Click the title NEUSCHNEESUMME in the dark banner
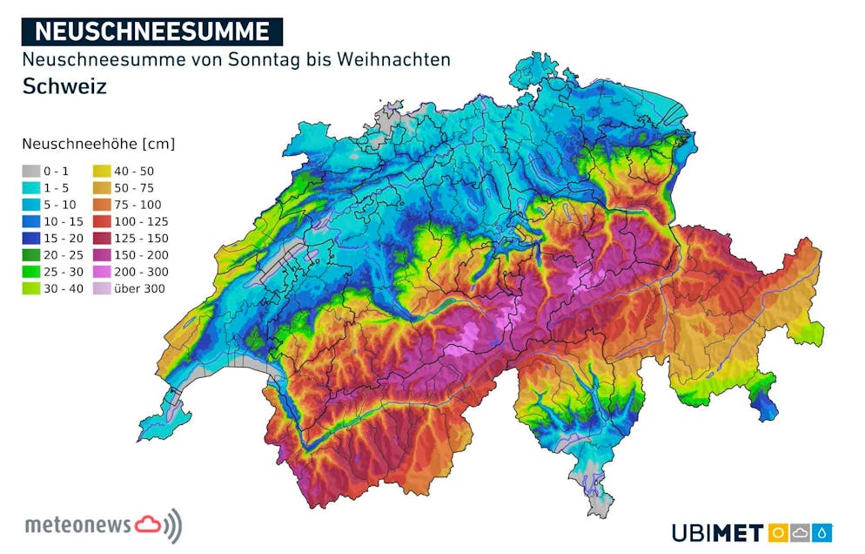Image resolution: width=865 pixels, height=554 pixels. pos(151,31)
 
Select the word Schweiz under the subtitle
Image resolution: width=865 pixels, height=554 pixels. pos(64,86)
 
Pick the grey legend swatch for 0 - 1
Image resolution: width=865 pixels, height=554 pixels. pos(32,172)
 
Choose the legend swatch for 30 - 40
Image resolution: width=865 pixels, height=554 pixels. pos(32,288)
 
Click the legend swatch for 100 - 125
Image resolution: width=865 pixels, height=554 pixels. pos(102,221)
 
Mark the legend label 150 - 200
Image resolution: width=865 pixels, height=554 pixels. pos(142,255)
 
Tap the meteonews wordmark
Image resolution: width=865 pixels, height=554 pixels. pos(78,525)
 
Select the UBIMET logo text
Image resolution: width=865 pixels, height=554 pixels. pos(717,532)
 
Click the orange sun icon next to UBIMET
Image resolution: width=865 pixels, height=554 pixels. pos(778,532)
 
